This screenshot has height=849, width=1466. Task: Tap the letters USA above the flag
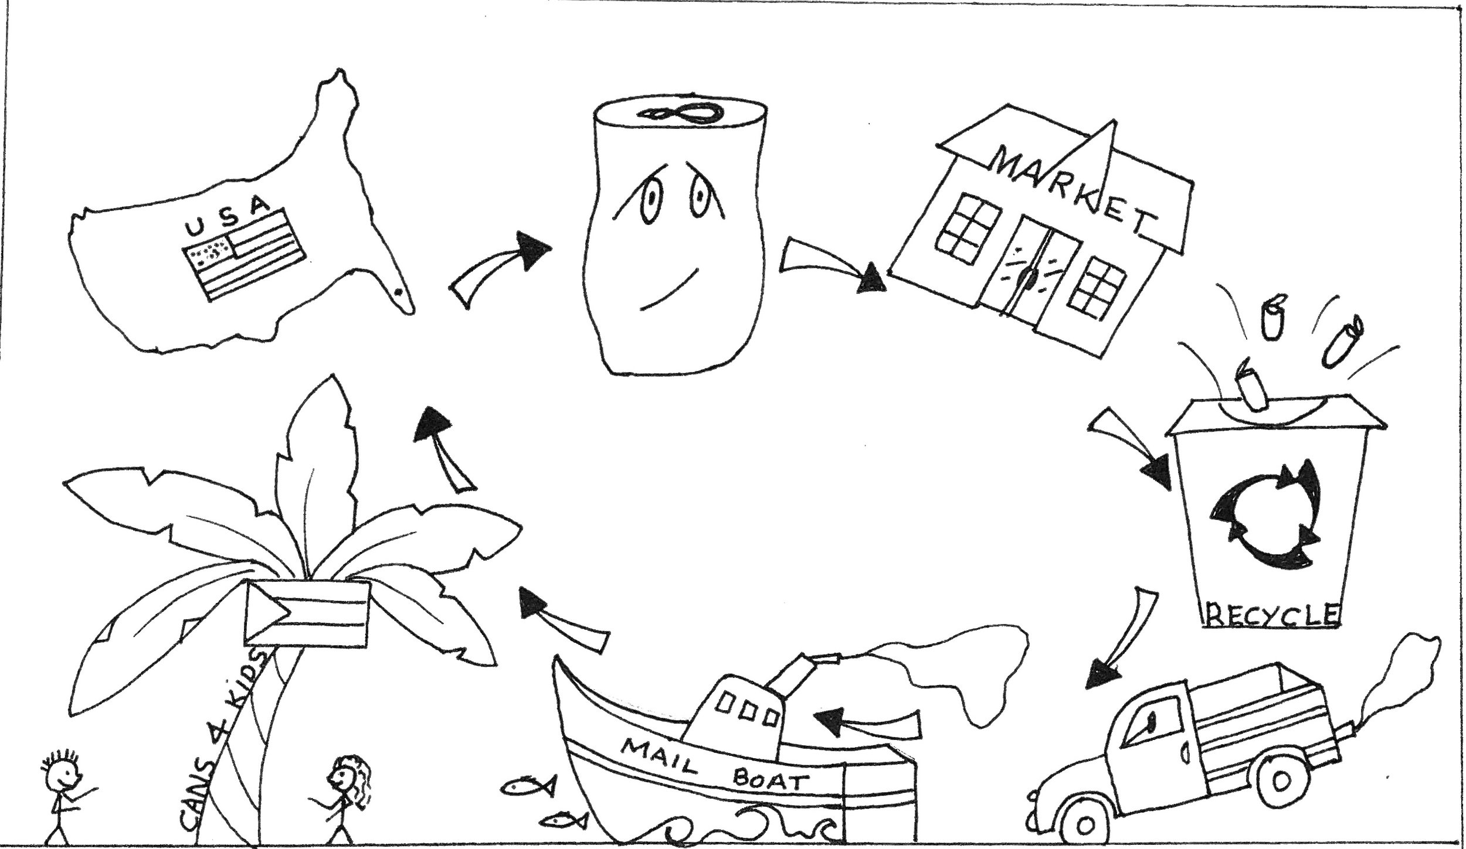pyautogui.click(x=229, y=218)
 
